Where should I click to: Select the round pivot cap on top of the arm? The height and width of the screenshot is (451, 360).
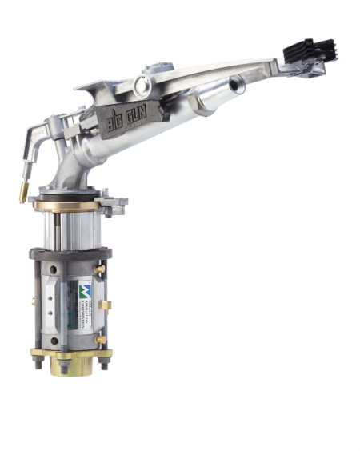click(143, 83)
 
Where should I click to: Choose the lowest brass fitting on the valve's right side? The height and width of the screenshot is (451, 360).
click(102, 341)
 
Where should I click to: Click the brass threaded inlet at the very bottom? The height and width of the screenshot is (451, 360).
click(70, 369)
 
